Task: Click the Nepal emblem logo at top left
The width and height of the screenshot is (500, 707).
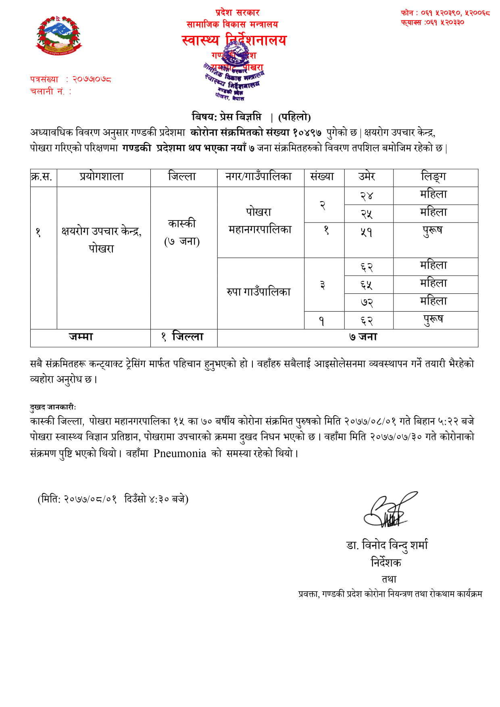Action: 58,36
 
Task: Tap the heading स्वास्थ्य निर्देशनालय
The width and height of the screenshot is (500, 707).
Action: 234,40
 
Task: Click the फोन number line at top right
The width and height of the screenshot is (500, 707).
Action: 445,13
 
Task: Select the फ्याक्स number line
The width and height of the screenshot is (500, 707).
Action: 432,23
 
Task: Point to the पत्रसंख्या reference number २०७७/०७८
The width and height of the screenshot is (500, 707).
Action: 92,79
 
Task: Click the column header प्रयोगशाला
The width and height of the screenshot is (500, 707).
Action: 102,177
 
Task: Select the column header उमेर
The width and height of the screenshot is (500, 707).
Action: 367,177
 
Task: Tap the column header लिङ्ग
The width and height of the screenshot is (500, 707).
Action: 433,177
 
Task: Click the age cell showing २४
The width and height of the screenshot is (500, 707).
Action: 367,196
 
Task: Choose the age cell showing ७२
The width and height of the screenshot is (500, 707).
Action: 367,302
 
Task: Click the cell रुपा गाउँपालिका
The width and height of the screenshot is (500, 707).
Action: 258,292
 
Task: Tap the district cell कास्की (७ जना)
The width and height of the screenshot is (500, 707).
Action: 182,232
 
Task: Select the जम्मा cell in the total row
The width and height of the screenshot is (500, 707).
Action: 81,337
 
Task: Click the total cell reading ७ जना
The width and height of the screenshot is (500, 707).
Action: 363,337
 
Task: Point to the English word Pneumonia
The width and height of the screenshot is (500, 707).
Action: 180,453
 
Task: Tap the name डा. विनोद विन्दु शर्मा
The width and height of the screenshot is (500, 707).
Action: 387,545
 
